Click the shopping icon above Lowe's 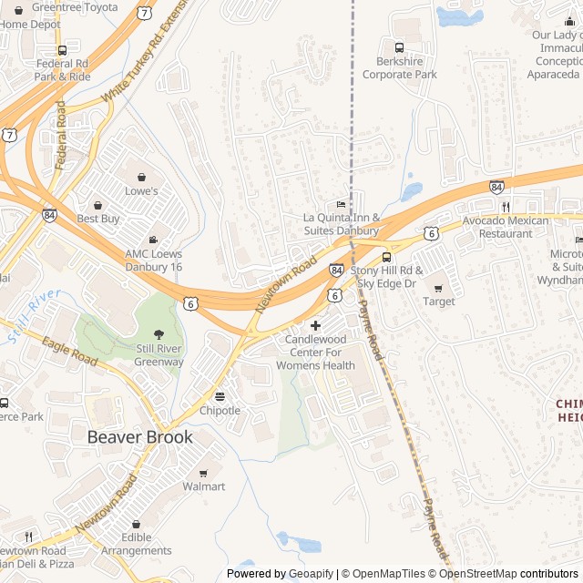point(141,176)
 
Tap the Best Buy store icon point(97,204)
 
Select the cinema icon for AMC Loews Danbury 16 point(152,239)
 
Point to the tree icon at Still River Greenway point(159,333)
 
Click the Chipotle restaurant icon point(220,396)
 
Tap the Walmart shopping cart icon point(203,472)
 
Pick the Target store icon point(438,288)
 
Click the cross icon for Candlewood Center point(316,325)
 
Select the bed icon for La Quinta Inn point(341,204)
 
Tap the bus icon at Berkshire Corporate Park point(399,47)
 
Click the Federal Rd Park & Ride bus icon point(62,50)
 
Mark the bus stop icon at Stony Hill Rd point(386,257)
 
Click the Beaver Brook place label point(139,437)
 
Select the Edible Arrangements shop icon point(137,525)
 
